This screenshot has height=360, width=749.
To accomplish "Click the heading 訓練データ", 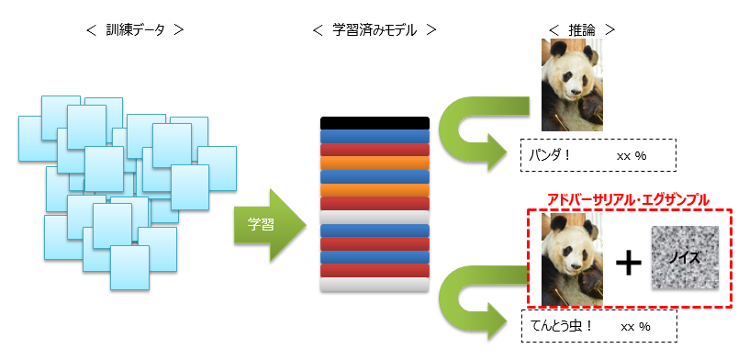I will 135,29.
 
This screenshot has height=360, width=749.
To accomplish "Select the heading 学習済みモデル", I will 374,29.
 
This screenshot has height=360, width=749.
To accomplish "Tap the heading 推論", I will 581,29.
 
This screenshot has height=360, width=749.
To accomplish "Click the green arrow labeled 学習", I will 267,224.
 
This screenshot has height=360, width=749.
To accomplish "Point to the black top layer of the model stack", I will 374,123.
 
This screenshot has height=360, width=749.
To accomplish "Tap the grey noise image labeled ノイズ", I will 683,258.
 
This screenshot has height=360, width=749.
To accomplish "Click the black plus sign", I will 628,264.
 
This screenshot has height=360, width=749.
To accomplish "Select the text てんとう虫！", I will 562,326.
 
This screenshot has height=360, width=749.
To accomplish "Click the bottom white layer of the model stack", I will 374,285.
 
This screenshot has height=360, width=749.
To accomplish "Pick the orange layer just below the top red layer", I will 374,163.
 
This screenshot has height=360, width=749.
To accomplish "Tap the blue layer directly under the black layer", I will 374,136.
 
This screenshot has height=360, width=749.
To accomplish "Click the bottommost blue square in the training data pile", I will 129,265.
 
